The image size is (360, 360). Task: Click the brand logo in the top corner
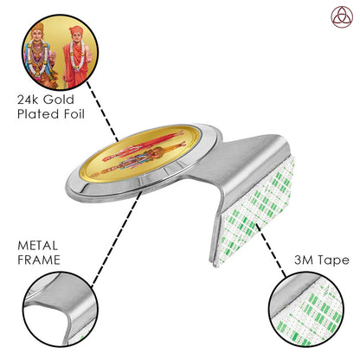(342, 17)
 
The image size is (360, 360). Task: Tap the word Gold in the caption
(59, 100)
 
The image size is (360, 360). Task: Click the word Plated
(38, 114)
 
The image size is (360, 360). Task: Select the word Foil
(74, 114)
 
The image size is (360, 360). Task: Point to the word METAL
(37, 246)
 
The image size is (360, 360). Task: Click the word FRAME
(39, 260)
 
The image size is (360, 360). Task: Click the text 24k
(29, 100)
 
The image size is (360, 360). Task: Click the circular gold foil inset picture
(61, 52)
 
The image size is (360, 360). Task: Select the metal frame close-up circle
(61, 310)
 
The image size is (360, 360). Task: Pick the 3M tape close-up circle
(306, 310)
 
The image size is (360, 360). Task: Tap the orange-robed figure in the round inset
(77, 57)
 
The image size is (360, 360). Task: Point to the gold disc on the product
(140, 153)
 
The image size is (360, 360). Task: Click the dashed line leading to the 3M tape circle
(271, 250)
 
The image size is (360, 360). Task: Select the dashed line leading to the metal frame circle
(116, 239)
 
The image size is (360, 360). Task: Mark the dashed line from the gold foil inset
(103, 112)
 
